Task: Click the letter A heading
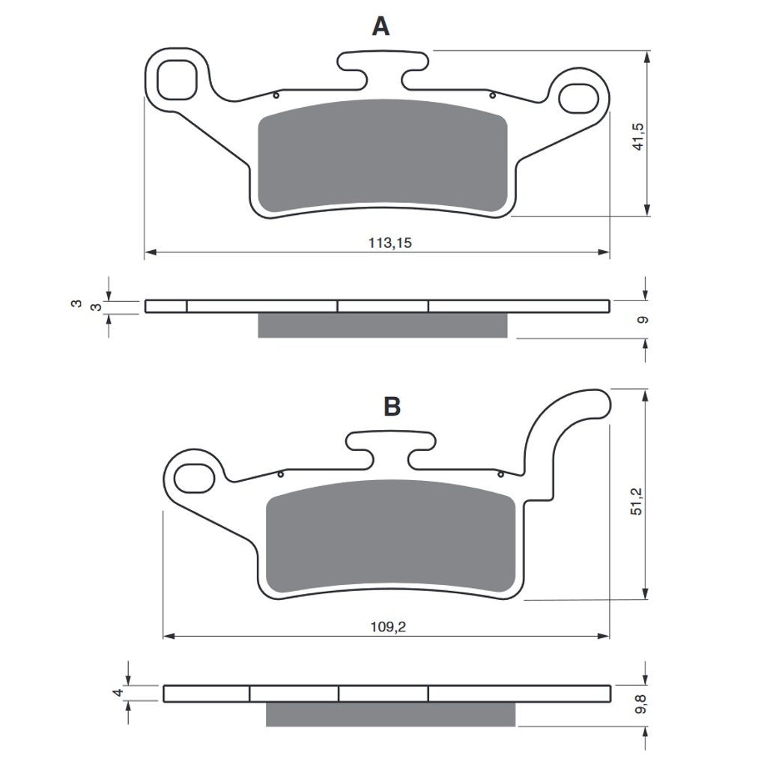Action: tap(381, 26)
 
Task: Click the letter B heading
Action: tap(392, 406)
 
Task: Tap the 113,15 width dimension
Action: tap(389, 243)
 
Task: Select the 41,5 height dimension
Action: tap(638, 136)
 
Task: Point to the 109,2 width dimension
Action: tap(388, 626)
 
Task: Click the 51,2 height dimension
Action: tap(637, 501)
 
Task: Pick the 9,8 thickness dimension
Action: tap(641, 704)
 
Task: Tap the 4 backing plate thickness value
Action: tap(118, 693)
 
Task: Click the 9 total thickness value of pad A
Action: tap(643, 320)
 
